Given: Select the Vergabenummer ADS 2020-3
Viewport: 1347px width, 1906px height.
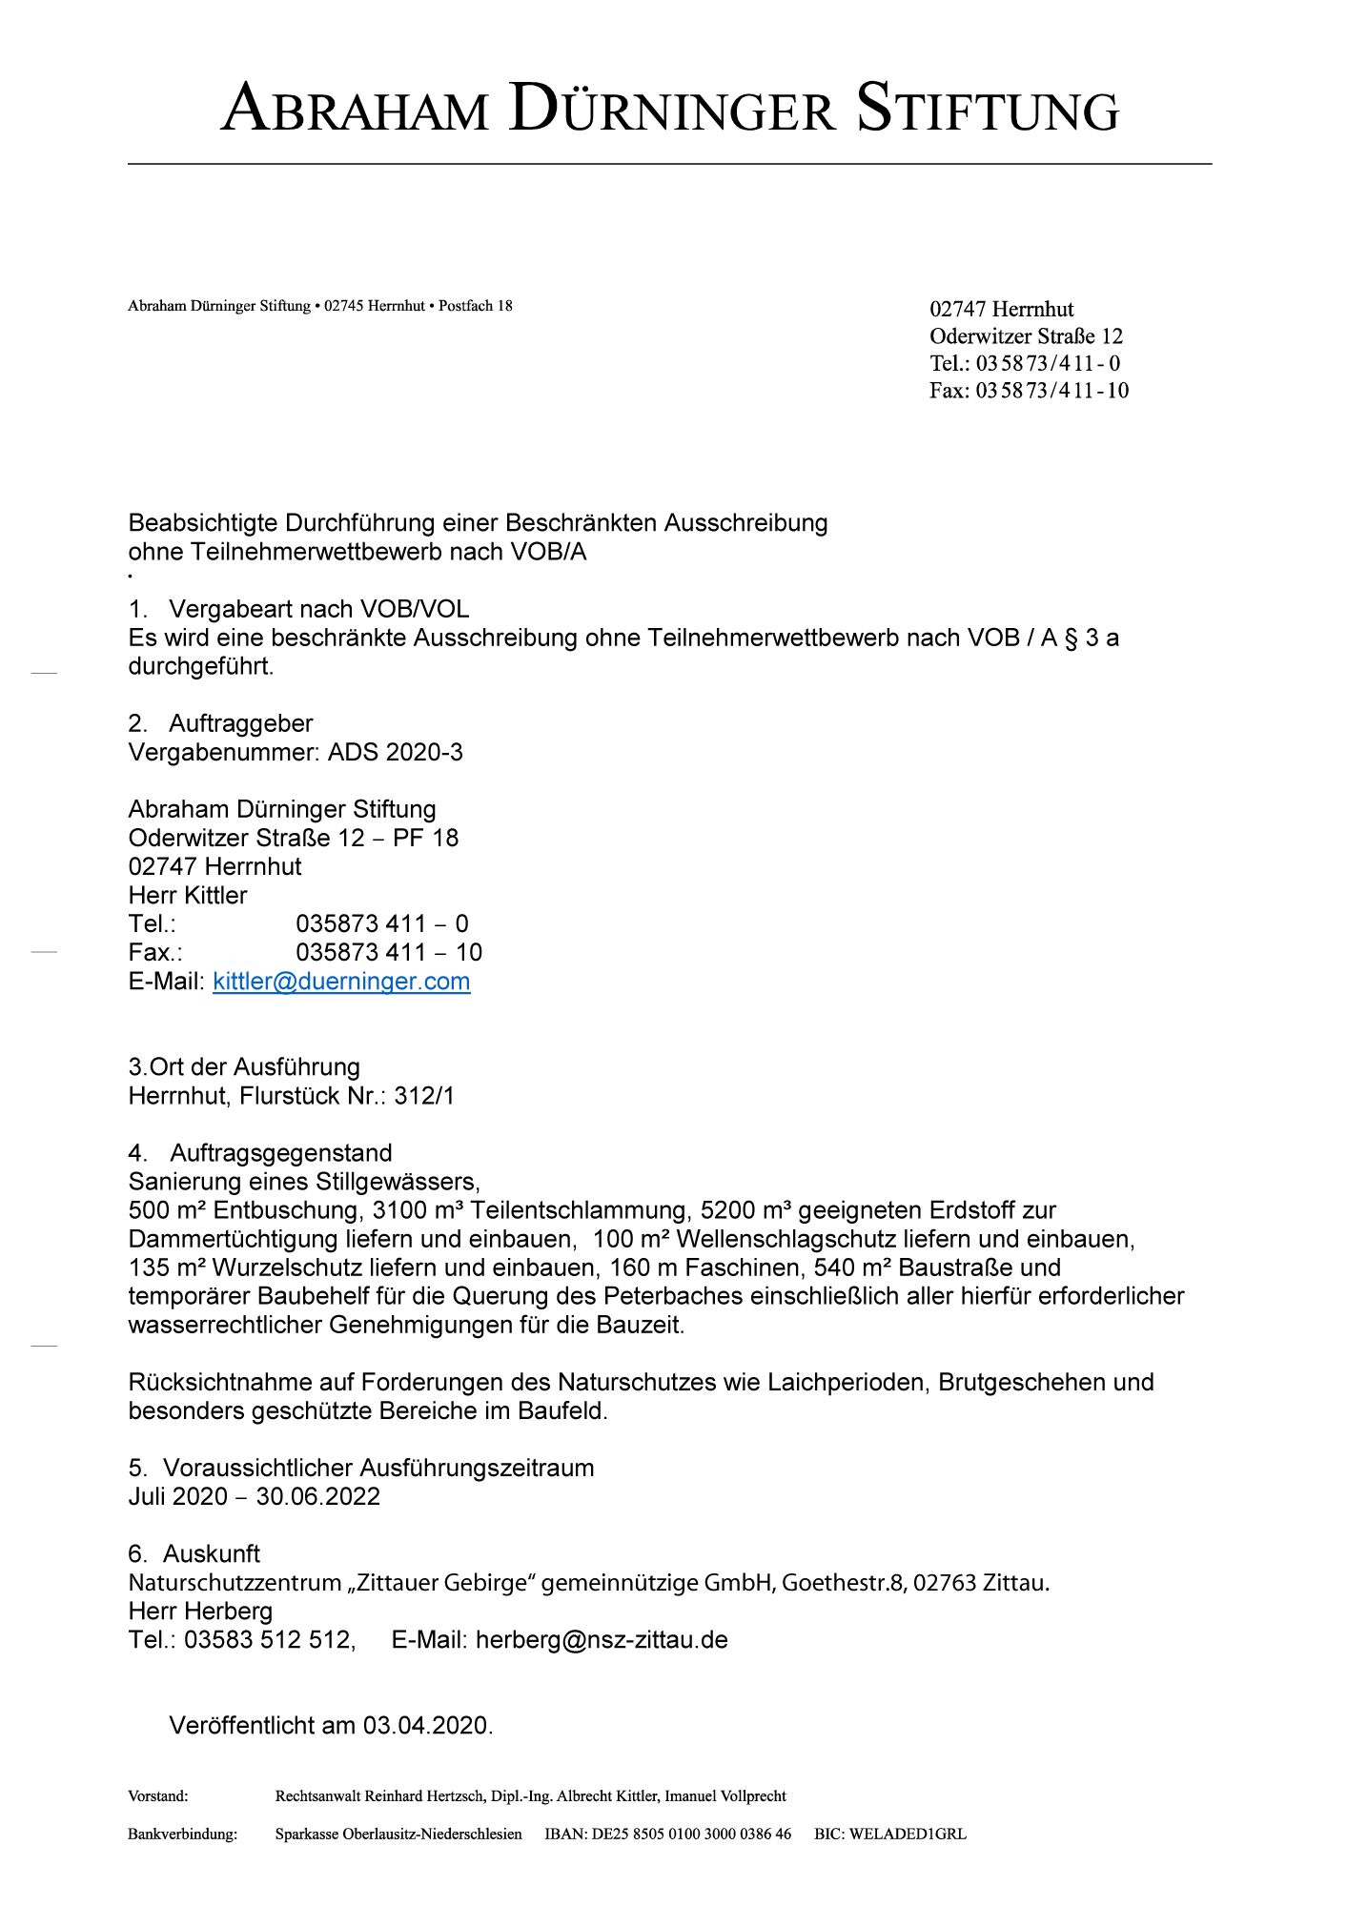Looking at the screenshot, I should (x=395, y=752).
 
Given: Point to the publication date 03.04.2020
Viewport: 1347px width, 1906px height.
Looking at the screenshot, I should (x=425, y=1725).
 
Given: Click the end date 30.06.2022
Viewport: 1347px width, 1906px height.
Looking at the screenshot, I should (x=317, y=1496).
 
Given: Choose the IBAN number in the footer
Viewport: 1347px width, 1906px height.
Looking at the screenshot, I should (x=667, y=1834).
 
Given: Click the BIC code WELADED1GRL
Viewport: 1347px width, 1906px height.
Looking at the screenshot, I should (x=889, y=1834).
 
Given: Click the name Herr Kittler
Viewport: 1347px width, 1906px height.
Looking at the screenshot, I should (x=188, y=895).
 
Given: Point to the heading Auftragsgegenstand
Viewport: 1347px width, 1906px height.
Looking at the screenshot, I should (x=280, y=1153).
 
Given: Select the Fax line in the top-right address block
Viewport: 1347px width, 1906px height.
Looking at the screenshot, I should (x=1029, y=390).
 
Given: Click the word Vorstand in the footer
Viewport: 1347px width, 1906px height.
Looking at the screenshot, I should (x=157, y=1796).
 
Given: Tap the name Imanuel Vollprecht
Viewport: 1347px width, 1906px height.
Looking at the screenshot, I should (x=725, y=1796).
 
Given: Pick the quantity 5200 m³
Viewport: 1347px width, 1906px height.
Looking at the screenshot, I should (x=745, y=1210).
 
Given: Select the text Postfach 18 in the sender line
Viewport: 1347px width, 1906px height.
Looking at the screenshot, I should (x=475, y=306).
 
